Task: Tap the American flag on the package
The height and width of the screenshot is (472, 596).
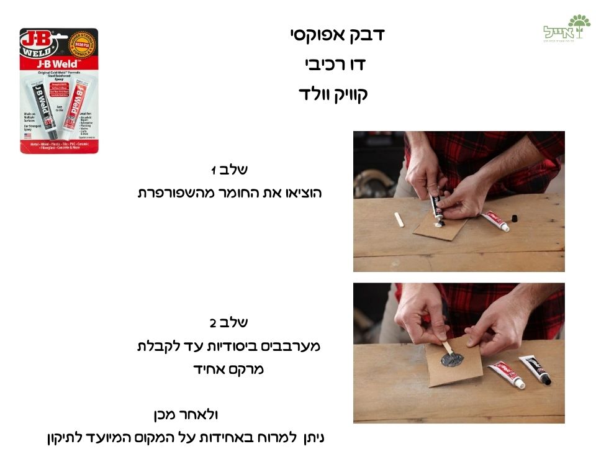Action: tap(27, 135)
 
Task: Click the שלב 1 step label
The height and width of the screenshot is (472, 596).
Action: tap(230, 170)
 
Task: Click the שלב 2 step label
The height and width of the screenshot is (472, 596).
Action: tap(229, 322)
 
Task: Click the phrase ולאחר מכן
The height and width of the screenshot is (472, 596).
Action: tap(186, 414)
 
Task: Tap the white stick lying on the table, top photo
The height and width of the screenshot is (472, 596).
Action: tap(399, 219)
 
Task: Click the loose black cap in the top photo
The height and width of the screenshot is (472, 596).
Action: tap(514, 217)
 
